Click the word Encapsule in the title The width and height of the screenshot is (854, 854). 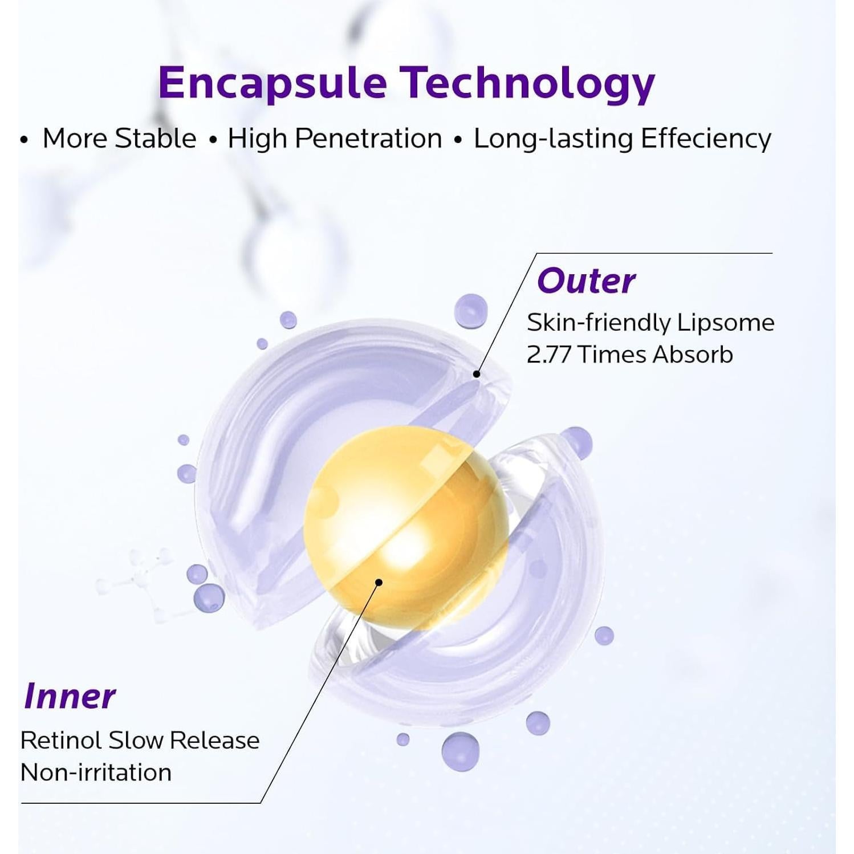(x=273, y=83)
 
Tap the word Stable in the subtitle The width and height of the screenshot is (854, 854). (x=156, y=139)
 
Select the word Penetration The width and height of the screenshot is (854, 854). (x=369, y=139)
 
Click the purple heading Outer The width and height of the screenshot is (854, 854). (x=586, y=281)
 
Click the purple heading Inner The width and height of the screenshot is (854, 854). (x=70, y=696)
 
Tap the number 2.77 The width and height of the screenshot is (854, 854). (x=549, y=355)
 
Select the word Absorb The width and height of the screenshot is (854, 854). (x=693, y=355)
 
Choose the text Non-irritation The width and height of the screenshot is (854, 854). (x=96, y=772)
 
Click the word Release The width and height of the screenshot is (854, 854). (x=215, y=741)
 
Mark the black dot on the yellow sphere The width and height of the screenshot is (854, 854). (x=379, y=582)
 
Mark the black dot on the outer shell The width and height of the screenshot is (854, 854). (x=477, y=374)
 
